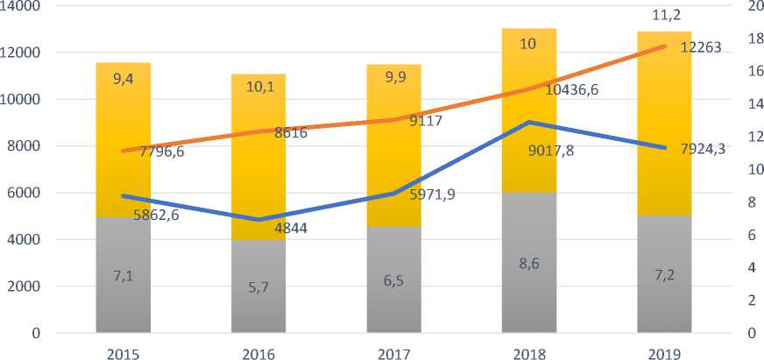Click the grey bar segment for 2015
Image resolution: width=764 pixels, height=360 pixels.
[123, 298]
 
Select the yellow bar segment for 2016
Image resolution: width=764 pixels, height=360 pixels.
[258, 175]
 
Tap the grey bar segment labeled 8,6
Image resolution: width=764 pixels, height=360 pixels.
[528, 289]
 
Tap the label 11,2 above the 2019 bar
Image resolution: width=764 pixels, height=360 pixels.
[664, 15]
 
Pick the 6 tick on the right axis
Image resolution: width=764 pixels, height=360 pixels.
[749, 235]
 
